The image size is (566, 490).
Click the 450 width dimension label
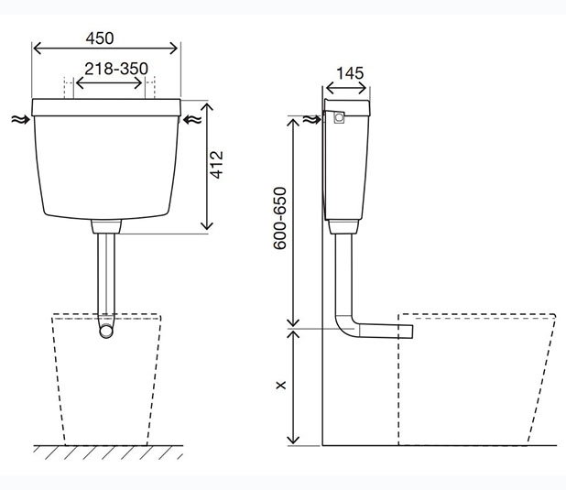point(100,38)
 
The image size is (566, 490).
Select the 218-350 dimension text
point(116,69)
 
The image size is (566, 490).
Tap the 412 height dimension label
point(217,165)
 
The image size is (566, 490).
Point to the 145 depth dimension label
point(350,73)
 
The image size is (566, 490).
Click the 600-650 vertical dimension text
point(279,218)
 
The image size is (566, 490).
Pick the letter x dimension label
point(280,385)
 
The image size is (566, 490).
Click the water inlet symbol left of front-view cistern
point(20,119)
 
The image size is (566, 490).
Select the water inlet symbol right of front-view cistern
point(192,119)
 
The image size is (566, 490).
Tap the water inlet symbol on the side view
point(311,119)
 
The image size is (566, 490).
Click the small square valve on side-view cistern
point(339,117)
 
